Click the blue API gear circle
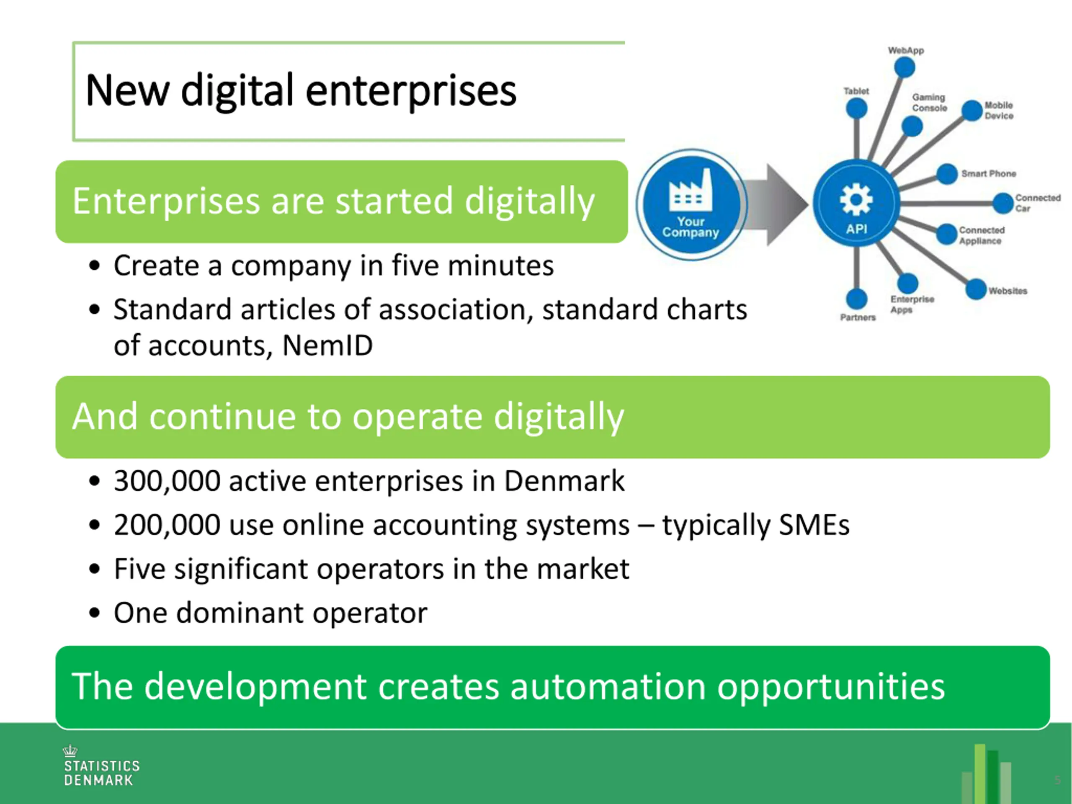pos(856,203)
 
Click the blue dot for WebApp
pos(904,67)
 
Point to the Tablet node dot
pos(856,108)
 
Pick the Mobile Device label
pos(999,111)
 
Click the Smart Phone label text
pos(989,173)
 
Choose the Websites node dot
pos(976,289)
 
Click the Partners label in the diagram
pos(858,317)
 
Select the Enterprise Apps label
pos(912,304)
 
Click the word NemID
pos(327,345)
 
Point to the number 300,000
pos(167,481)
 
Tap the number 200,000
pos(167,525)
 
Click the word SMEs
pos(814,525)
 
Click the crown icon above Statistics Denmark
pos(70,751)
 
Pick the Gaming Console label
pos(929,103)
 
